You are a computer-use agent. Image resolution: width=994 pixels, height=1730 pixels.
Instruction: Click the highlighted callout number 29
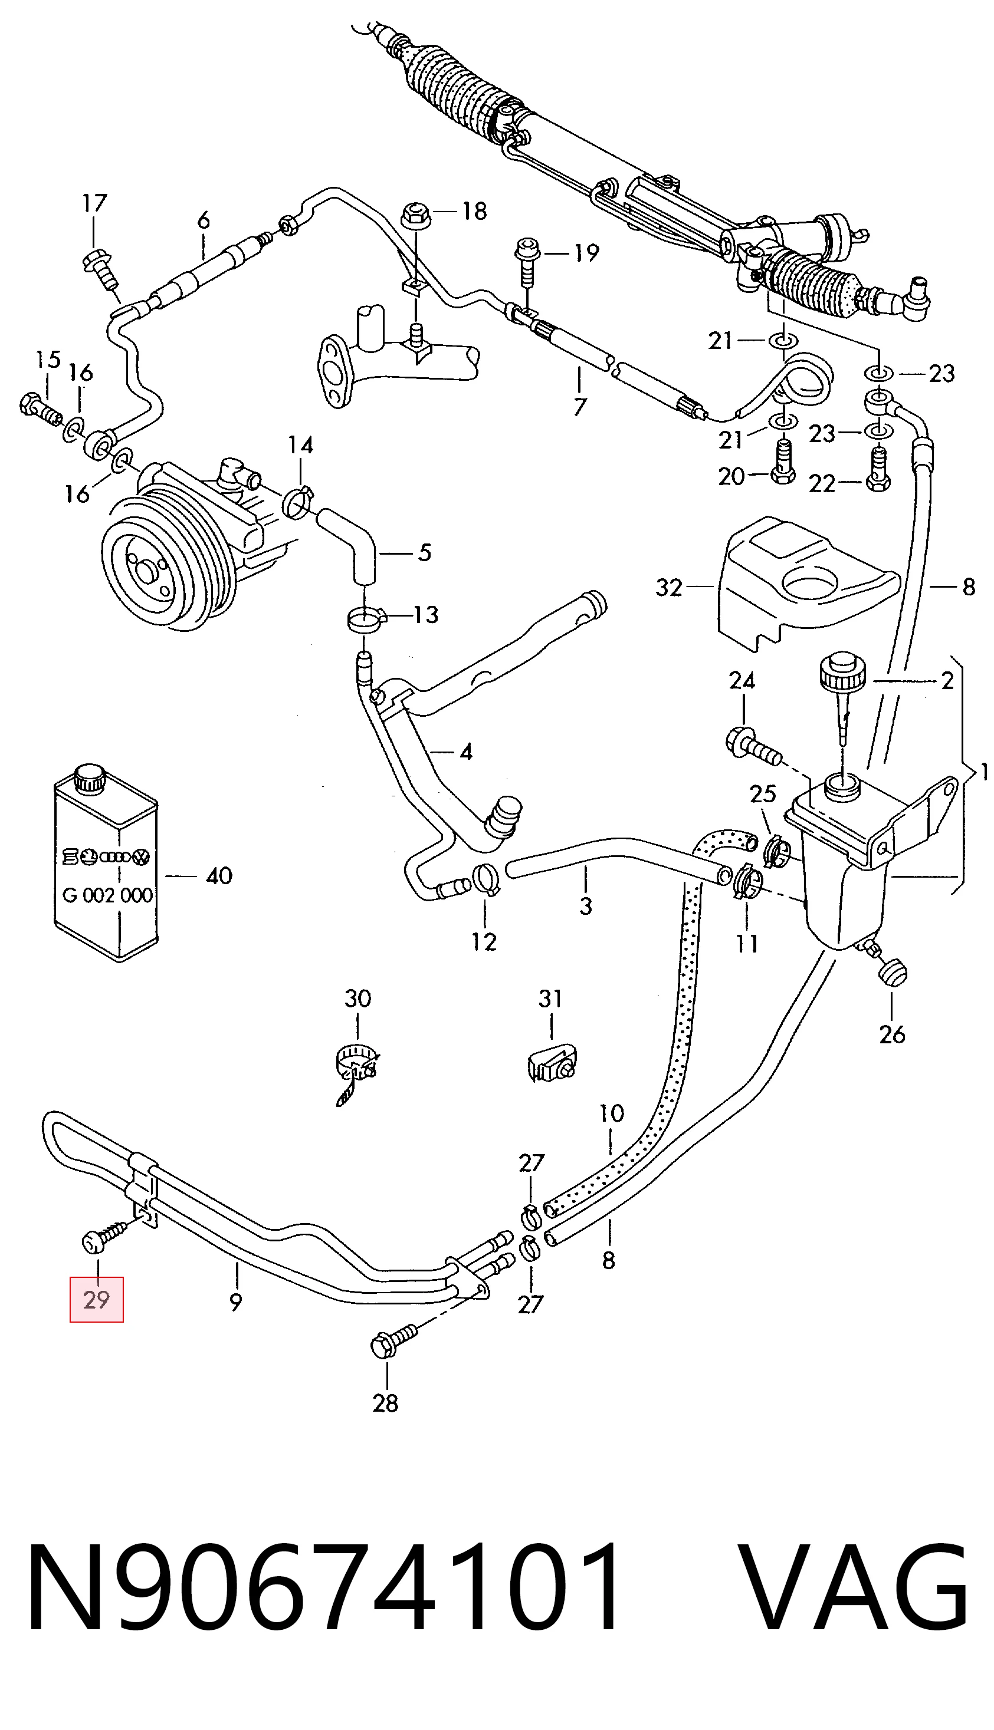click(96, 1300)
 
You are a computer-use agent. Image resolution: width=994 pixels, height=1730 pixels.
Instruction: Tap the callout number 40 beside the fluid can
click(219, 875)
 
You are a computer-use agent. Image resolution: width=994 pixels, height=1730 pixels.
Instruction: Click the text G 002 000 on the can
click(108, 894)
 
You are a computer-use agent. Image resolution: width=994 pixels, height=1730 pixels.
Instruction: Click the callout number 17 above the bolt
click(95, 203)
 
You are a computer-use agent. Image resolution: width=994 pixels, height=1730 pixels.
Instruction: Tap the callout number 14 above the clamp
click(300, 446)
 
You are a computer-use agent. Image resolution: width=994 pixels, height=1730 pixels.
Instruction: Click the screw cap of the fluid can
click(90, 779)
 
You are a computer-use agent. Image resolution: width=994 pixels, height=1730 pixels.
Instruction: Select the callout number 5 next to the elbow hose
click(425, 552)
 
